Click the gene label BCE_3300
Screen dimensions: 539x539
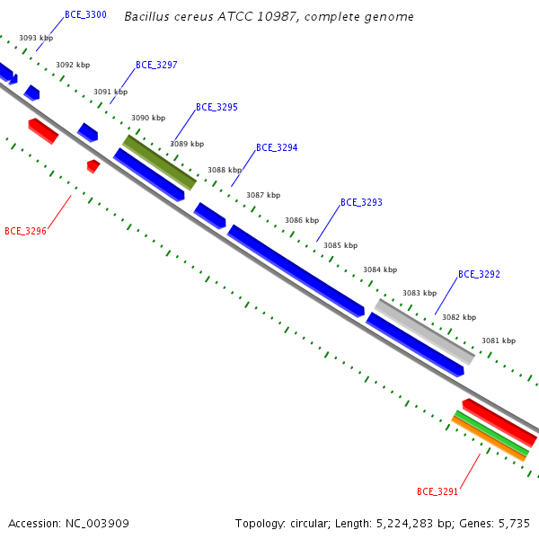(x=85, y=14)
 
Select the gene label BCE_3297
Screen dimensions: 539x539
(x=156, y=65)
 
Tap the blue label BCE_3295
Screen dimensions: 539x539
(x=216, y=107)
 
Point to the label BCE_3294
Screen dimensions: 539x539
(x=277, y=148)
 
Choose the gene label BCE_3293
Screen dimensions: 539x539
(x=361, y=202)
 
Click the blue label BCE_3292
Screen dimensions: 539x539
(x=479, y=274)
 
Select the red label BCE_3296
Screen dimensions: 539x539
(x=25, y=231)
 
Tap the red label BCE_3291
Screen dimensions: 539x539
(x=437, y=491)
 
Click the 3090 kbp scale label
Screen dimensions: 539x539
(x=148, y=118)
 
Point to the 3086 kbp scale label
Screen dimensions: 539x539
(x=302, y=220)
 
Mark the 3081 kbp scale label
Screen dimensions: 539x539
(x=499, y=340)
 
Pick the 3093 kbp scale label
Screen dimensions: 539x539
(x=36, y=38)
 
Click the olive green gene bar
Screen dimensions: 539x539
(x=160, y=163)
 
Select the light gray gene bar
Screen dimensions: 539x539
(x=425, y=331)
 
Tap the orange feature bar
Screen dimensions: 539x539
(x=489, y=439)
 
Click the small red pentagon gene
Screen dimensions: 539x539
(x=93, y=166)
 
